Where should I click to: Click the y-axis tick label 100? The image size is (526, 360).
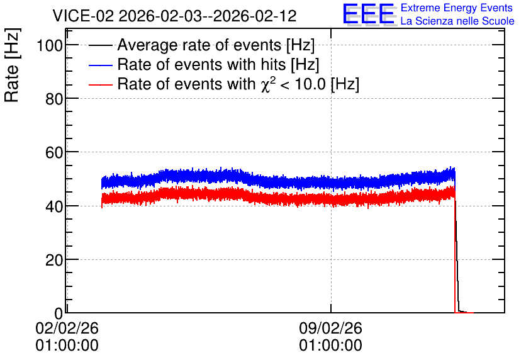click(50, 45)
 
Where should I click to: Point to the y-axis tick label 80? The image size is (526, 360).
click(54, 99)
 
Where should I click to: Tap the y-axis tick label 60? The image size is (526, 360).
click(54, 153)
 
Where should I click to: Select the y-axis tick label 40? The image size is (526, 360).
click(54, 206)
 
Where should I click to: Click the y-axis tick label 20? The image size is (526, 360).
click(54, 260)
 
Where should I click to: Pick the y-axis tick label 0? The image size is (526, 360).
click(59, 313)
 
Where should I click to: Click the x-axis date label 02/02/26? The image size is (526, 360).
click(67, 328)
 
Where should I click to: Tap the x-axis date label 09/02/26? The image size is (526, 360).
click(331, 328)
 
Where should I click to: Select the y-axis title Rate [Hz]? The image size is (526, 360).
click(12, 65)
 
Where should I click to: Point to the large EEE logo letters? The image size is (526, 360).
click(369, 14)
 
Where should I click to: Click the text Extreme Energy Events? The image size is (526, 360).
click(457, 8)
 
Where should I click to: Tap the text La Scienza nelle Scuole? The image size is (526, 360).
click(457, 21)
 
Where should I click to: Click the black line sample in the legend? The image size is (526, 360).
click(100, 45)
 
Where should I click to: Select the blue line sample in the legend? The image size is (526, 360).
click(100, 65)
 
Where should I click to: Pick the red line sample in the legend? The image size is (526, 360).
click(100, 84)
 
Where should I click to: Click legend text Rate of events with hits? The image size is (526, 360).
click(201, 64)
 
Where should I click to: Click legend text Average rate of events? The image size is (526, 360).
click(199, 45)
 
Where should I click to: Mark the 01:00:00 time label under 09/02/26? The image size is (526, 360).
click(331, 346)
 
